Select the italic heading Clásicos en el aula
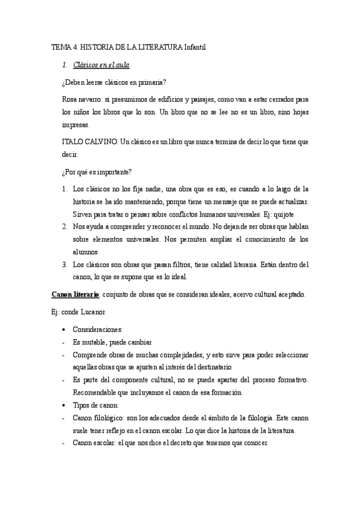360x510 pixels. click(x=101, y=64)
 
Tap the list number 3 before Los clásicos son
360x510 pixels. click(x=64, y=265)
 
